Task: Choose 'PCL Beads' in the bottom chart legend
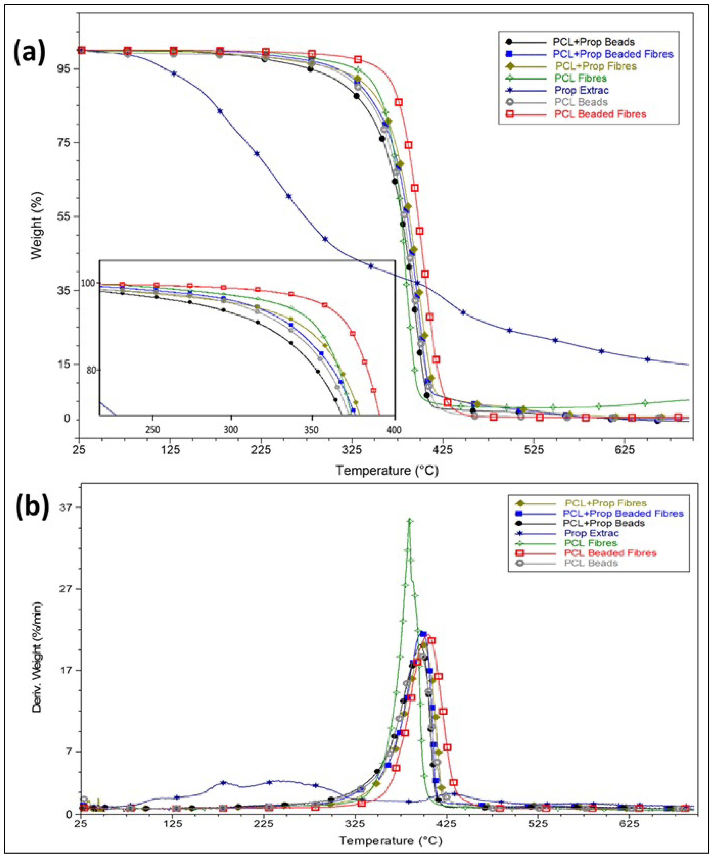pos(591,563)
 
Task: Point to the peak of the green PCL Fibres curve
pos(410,521)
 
